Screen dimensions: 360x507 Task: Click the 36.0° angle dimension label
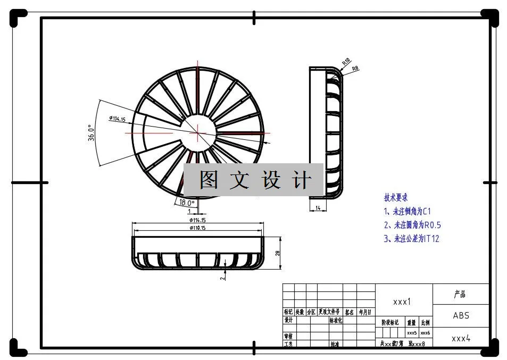(91, 133)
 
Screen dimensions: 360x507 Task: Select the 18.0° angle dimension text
(187, 203)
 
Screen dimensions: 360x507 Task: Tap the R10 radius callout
(346, 62)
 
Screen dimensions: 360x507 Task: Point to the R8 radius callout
(355, 68)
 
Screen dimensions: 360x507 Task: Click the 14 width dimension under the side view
(318, 208)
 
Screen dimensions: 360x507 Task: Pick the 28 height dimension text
(278, 253)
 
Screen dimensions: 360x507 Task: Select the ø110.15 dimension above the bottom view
(197, 228)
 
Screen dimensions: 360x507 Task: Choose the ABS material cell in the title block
(461, 315)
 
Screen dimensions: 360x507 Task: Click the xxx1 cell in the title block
(402, 302)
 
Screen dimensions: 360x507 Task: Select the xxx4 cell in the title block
(461, 338)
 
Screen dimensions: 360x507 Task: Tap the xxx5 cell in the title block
(412, 333)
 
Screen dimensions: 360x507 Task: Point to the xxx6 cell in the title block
(425, 333)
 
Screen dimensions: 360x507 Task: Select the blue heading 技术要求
(396, 198)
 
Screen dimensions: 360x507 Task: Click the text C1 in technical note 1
(427, 211)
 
